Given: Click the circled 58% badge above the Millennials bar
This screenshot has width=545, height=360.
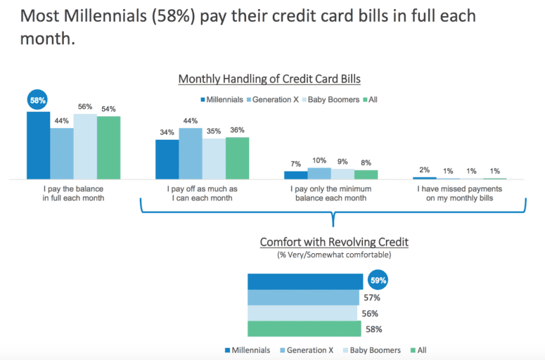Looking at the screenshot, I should (38, 101).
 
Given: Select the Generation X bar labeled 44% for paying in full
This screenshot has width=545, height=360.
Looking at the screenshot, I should (62, 153).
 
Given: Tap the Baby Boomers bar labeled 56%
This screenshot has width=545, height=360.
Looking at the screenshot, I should (85, 146).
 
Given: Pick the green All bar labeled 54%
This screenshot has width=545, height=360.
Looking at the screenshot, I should (108, 148).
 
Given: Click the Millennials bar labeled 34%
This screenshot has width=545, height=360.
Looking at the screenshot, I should (167, 160).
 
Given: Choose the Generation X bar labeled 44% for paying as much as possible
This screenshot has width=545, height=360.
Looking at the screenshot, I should (190, 153).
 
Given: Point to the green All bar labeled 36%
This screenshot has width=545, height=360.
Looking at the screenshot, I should (237, 158).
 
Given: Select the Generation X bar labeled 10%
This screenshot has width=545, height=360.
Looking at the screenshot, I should (319, 173).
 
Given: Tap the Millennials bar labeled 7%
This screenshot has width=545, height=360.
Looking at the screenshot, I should (296, 175).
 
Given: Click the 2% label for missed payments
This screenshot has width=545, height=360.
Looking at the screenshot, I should (425, 169).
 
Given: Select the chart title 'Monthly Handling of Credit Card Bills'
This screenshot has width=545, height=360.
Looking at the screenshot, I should (269, 79).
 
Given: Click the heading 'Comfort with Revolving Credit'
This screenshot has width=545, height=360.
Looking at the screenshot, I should (334, 242).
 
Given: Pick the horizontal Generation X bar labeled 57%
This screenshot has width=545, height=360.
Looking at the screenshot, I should (303, 297).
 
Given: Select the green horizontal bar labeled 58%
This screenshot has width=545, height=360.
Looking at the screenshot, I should (304, 329).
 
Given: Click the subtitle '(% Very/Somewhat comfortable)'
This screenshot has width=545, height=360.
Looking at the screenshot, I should (334, 254).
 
